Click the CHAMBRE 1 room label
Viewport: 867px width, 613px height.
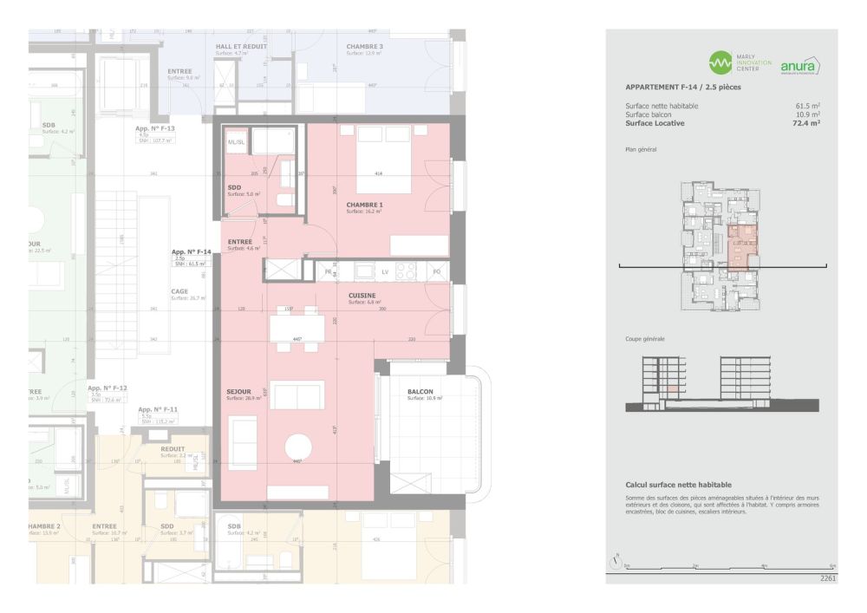click(x=364, y=205)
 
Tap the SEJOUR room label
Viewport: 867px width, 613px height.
click(x=238, y=392)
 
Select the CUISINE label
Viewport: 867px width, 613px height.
click(x=362, y=296)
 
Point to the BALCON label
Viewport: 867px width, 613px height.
click(x=420, y=392)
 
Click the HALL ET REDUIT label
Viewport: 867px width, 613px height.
click(x=240, y=46)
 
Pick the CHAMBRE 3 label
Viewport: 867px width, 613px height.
click(x=364, y=46)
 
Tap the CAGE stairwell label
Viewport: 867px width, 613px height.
click(x=179, y=291)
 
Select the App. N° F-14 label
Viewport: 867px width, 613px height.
click(x=192, y=251)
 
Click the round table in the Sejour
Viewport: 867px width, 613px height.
click(x=303, y=447)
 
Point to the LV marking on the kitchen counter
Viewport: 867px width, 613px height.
click(x=384, y=272)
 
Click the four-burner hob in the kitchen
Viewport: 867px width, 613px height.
click(x=407, y=271)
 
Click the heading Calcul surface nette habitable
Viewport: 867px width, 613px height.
click(x=678, y=485)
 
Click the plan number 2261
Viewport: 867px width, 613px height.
click(x=827, y=577)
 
